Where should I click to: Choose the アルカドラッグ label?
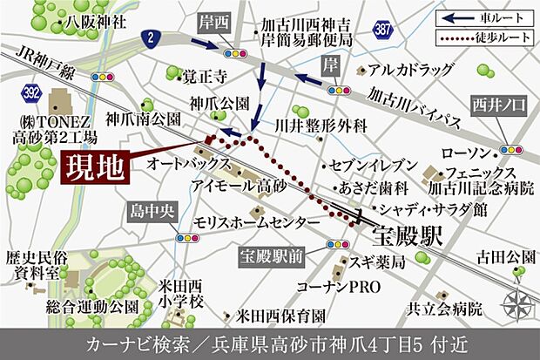point(411,69)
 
